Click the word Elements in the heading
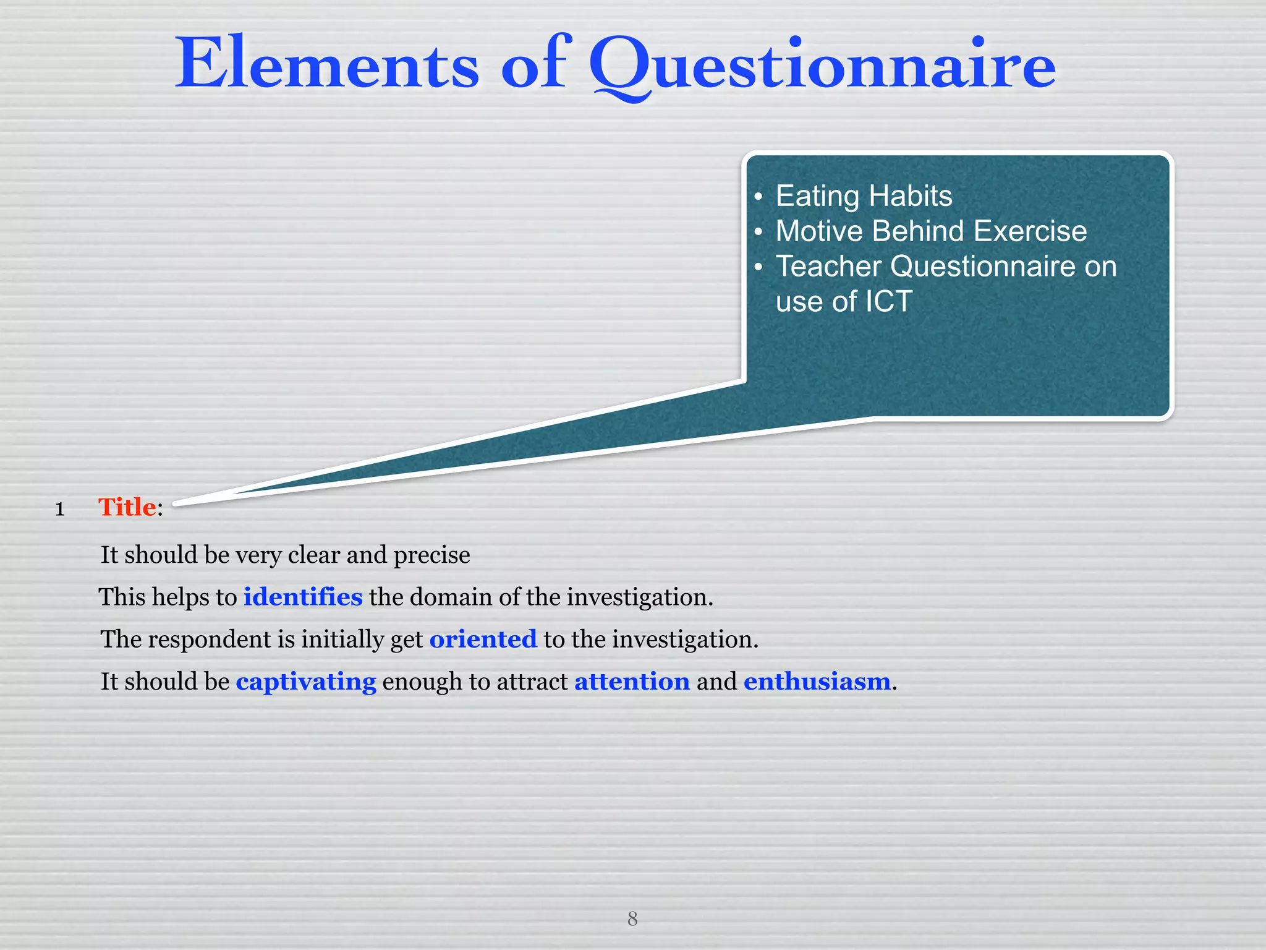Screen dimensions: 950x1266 click(327, 64)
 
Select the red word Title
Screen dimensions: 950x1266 click(127, 507)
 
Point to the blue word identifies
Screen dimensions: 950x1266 click(303, 597)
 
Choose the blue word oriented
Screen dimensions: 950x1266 click(483, 640)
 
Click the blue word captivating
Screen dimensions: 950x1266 click(306, 682)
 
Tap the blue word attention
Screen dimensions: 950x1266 click(632, 682)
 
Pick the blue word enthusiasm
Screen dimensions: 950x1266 click(817, 682)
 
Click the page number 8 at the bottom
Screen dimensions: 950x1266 click(632, 918)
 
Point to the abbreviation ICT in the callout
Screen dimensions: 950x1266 click(888, 302)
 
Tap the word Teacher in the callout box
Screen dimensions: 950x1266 click(828, 267)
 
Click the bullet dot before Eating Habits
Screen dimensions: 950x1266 click(758, 197)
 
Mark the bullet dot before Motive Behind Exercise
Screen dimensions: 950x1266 click(758, 233)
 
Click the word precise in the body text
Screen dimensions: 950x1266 click(431, 555)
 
